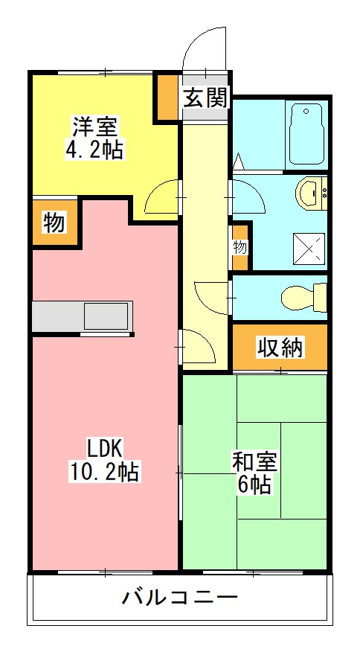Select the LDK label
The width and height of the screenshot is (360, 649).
click(x=105, y=448)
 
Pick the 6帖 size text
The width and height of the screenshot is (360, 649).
click(x=254, y=485)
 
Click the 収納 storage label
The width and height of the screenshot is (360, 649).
click(x=280, y=347)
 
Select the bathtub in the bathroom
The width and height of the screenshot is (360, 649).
click(x=306, y=133)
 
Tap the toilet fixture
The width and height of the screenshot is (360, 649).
click(x=303, y=296)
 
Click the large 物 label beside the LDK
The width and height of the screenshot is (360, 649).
click(x=54, y=223)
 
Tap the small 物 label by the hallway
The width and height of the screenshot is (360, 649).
click(x=240, y=247)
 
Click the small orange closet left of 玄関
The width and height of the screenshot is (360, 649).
click(x=167, y=98)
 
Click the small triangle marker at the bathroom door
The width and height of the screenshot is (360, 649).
click(x=240, y=159)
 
